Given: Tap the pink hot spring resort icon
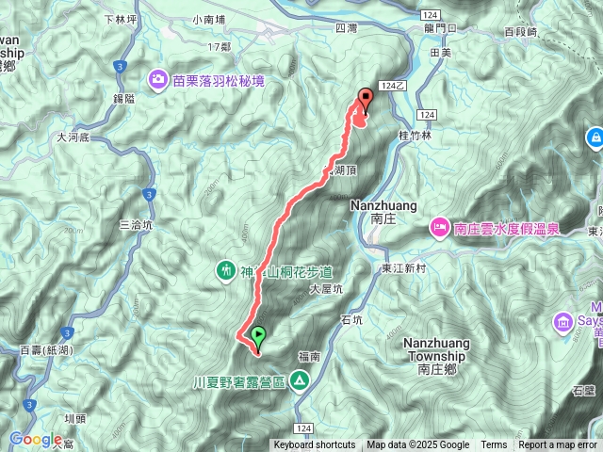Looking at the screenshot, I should [x=440, y=227].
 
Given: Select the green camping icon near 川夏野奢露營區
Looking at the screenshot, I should [x=299, y=379].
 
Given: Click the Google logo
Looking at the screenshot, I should [x=36, y=439].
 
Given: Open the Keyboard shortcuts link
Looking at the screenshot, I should [x=315, y=445].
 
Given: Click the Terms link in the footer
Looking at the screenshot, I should [x=494, y=445].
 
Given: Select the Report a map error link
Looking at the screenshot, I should [x=558, y=445].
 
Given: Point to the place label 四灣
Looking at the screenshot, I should [x=346, y=29].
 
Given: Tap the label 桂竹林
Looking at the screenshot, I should [x=415, y=136].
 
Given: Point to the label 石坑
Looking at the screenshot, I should [x=351, y=319].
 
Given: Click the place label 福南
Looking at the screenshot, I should [x=309, y=356].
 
